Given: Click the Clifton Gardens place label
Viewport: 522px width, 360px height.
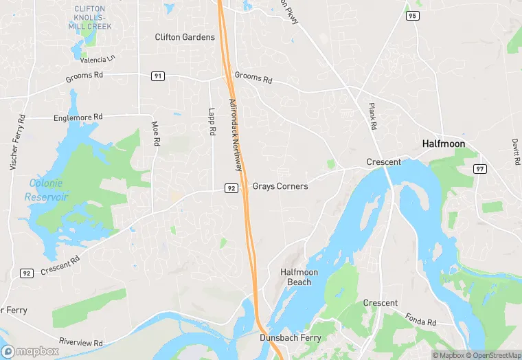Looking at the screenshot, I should click(185, 37).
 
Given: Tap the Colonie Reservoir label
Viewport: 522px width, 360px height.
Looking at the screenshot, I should click(47, 190).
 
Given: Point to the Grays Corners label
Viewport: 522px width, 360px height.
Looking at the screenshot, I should click(280, 186).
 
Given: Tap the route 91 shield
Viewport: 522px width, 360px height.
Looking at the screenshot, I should click(158, 76).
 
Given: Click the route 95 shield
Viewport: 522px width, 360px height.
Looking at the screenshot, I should click(412, 16).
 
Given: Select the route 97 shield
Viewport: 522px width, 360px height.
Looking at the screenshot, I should click(479, 169).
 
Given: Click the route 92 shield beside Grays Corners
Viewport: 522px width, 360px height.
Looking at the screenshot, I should click(231, 188).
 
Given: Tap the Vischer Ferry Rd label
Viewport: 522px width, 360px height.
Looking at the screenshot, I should click(18, 142).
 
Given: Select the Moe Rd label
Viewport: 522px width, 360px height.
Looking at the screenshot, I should click(155, 133).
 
